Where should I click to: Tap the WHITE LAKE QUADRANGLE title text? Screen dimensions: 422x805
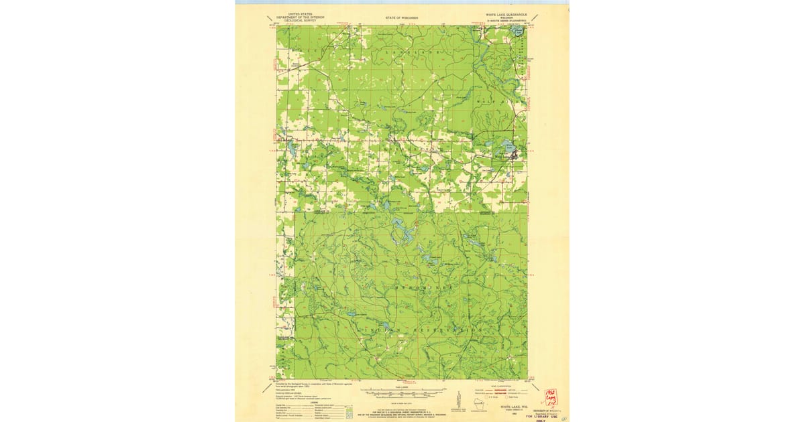point(507,13)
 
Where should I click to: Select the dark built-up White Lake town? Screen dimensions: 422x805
point(515,158)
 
